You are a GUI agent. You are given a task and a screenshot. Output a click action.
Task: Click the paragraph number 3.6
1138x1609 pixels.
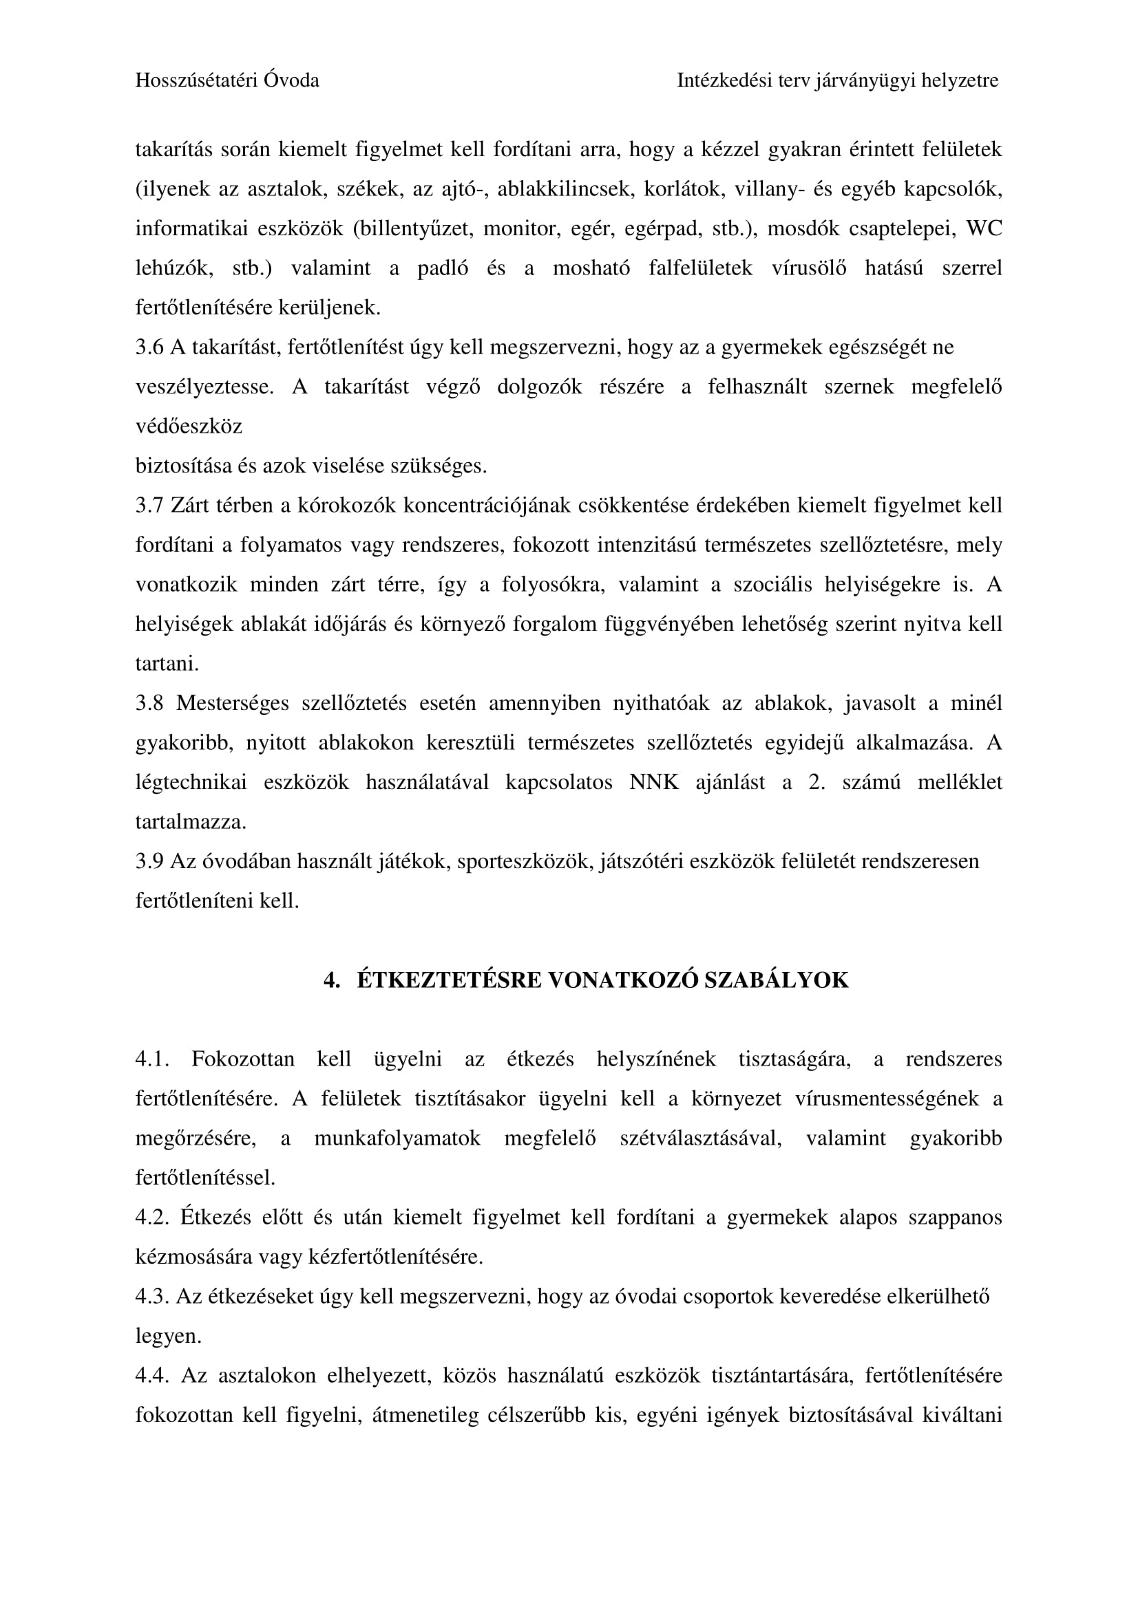tap(149, 347)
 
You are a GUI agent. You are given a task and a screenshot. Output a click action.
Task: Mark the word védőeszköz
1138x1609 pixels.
tap(189, 426)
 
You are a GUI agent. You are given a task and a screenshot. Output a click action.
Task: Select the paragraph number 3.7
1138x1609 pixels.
tap(149, 506)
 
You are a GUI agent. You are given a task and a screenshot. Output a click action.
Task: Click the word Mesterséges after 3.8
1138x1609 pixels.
tap(232, 704)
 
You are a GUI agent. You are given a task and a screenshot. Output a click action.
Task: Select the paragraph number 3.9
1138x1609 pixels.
tap(149, 862)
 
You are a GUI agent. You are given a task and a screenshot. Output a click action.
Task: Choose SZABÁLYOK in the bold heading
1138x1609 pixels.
tap(776, 980)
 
